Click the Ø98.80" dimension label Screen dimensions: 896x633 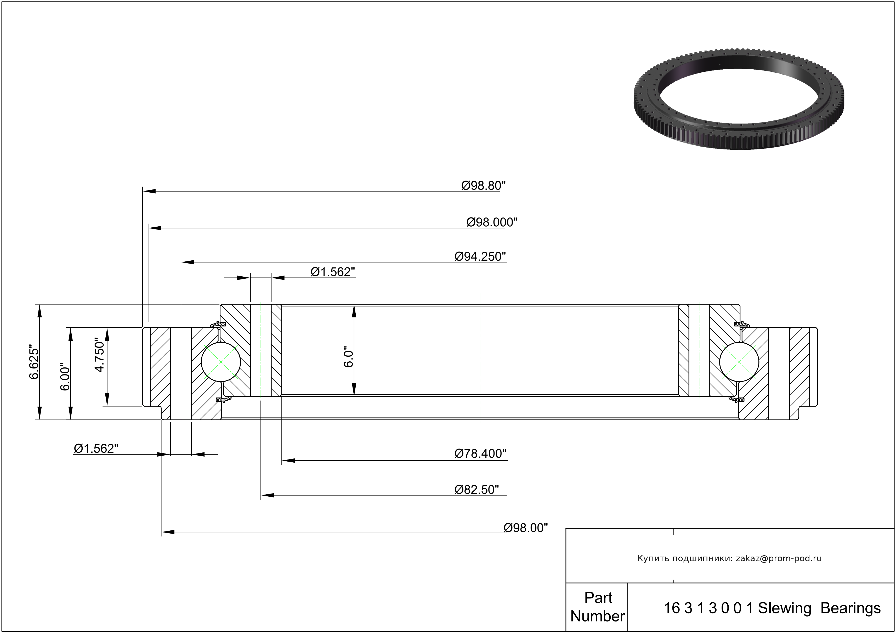[483, 186]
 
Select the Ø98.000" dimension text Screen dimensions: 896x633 [492, 222]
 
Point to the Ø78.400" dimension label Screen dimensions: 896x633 [480, 453]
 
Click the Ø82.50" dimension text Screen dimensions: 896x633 [477, 489]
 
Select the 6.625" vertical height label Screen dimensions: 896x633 [34, 362]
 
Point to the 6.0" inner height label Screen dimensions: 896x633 [348, 356]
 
